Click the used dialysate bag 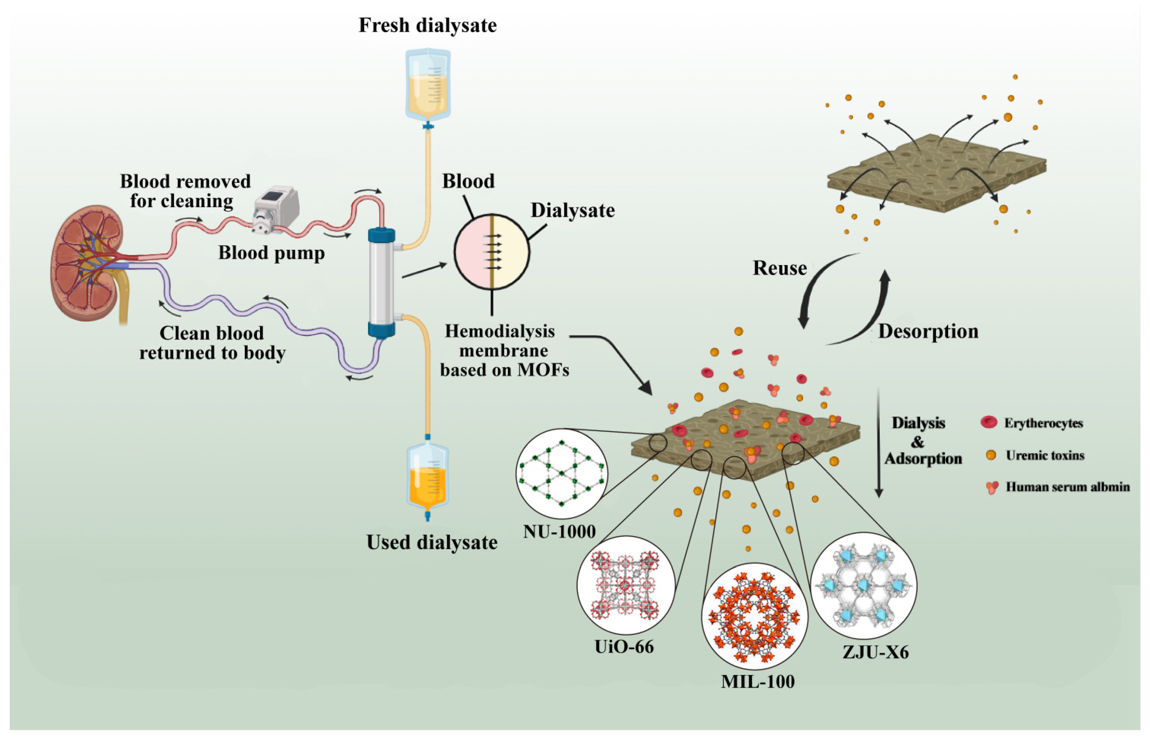coord(427,478)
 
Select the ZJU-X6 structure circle coord(863,586)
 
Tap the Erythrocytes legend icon coord(989,422)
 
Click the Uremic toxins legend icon coord(991,455)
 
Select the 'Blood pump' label coord(272,253)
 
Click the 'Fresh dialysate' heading coord(427,25)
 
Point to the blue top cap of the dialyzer coord(381,236)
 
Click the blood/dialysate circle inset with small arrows coord(492,252)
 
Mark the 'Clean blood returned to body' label coord(212,343)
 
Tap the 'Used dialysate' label coord(432,542)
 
